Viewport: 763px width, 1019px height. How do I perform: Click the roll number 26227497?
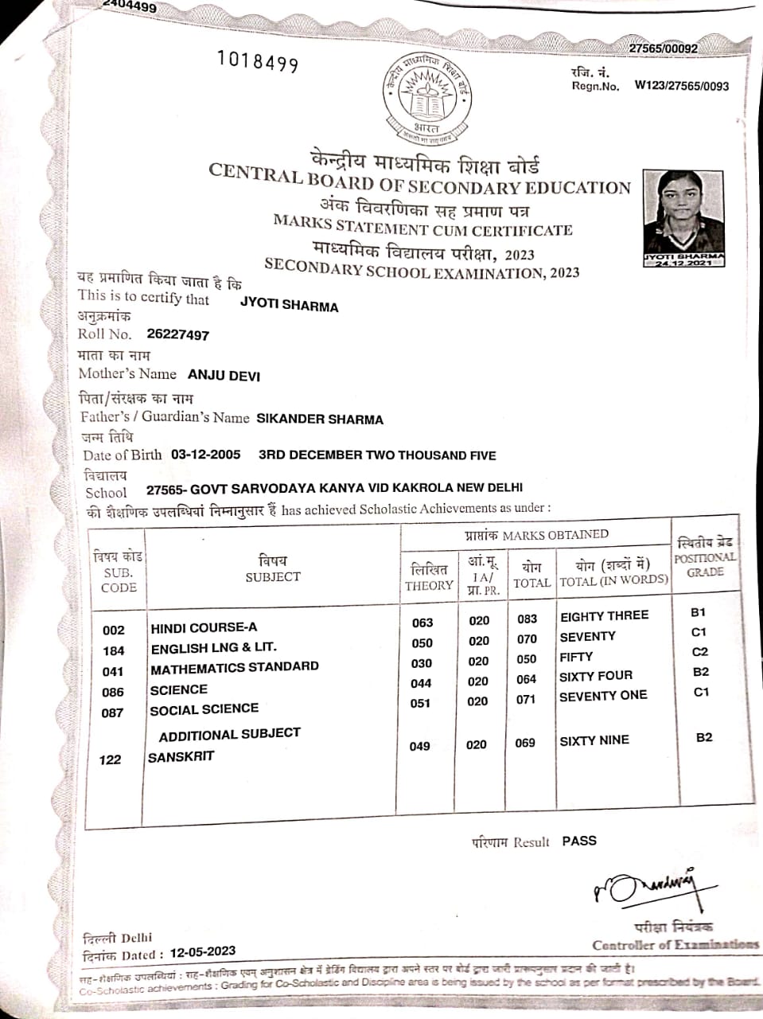click(178, 335)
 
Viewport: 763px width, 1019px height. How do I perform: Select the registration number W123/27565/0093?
click(681, 86)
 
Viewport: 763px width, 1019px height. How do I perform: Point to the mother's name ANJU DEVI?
click(224, 375)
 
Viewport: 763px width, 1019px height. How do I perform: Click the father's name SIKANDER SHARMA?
click(320, 419)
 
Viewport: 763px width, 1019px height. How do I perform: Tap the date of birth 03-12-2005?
click(205, 455)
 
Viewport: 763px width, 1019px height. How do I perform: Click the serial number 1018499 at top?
click(258, 62)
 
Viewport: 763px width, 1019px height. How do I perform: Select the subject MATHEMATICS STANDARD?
click(235, 667)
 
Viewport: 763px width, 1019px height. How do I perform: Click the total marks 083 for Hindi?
click(527, 619)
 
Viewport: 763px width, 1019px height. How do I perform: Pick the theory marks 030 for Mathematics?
click(422, 663)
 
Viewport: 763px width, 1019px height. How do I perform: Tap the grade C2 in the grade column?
click(700, 652)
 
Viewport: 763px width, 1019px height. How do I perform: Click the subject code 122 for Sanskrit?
click(111, 759)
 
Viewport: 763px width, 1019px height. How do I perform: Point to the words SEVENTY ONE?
click(603, 696)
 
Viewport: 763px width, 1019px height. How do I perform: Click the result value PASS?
click(578, 841)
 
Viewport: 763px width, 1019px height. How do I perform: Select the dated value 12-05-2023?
click(202, 951)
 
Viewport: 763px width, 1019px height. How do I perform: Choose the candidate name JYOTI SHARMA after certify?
click(289, 306)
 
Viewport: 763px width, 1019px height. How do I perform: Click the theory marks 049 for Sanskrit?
click(419, 746)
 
